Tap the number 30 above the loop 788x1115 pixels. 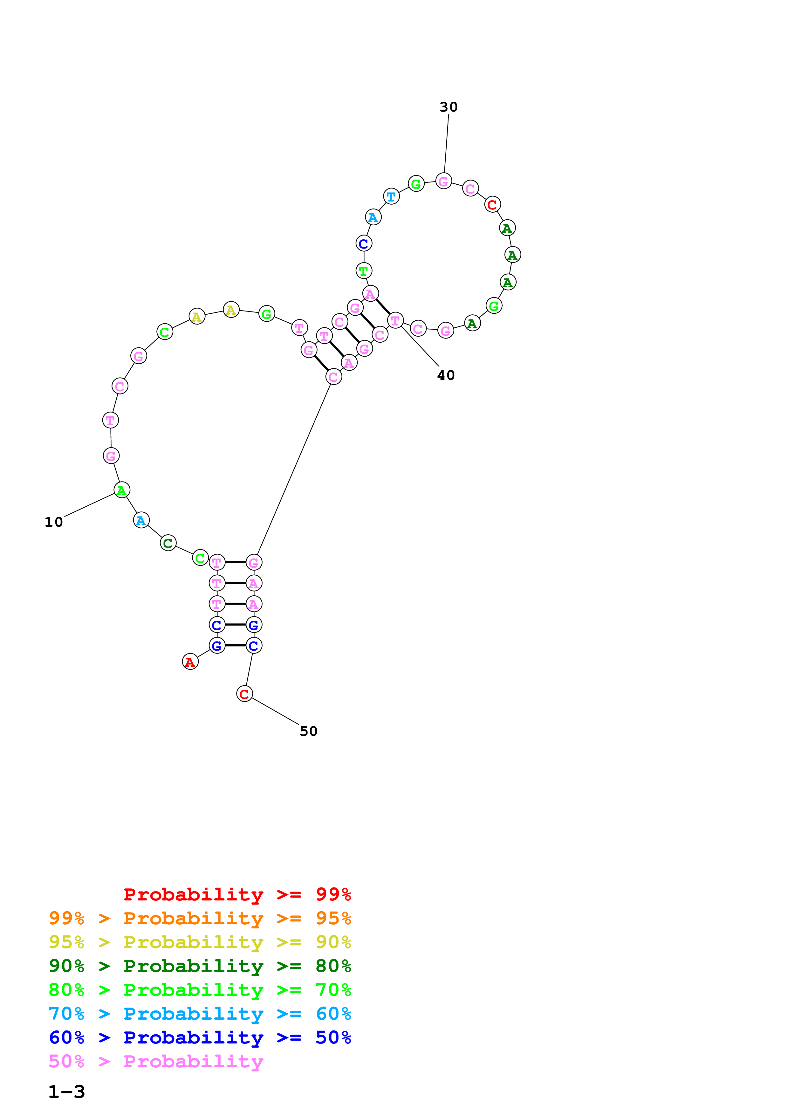[448, 107]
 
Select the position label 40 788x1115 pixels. [446, 375]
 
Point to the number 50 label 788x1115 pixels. [308, 731]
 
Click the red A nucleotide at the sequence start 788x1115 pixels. [190, 661]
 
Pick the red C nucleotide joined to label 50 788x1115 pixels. [244, 694]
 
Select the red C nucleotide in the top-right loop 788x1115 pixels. [492, 204]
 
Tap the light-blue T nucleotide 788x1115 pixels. [391, 197]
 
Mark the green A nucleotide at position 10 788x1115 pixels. [121, 490]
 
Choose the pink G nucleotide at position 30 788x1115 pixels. [443, 181]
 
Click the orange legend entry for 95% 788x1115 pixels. [200, 918]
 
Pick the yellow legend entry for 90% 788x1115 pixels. [200, 942]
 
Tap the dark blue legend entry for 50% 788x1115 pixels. [200, 1037]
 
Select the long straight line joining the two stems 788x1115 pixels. [293, 469]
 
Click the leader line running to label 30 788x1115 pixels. [446, 143]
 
